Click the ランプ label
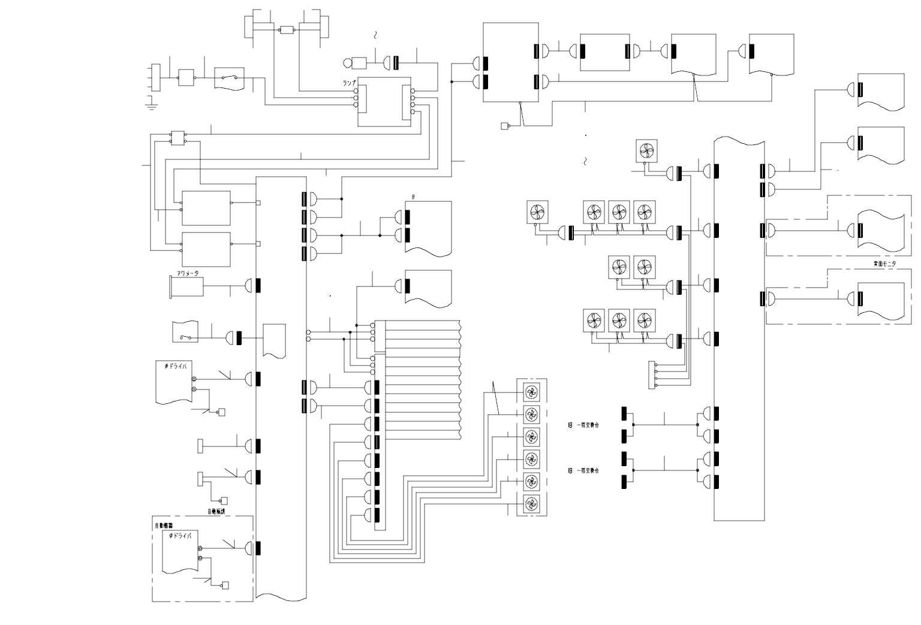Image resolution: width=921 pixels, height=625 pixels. click(348, 83)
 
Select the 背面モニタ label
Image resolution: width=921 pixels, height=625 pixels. click(884, 264)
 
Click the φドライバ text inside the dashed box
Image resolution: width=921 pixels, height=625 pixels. click(180, 536)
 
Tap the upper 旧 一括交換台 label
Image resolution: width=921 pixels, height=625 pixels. click(584, 425)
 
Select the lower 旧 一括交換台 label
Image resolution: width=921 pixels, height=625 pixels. click(584, 470)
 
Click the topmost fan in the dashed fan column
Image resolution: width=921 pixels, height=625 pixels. click(531, 392)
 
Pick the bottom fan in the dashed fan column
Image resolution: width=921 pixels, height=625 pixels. click(531, 504)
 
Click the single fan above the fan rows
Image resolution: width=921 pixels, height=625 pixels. click(647, 150)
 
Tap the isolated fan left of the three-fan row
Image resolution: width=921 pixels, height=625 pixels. click(537, 212)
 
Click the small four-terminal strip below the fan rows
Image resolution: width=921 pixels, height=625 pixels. click(653, 375)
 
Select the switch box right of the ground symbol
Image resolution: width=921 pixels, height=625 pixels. click(229, 78)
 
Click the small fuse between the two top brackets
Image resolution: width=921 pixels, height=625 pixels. click(287, 29)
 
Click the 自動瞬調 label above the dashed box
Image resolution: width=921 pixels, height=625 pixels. click(221, 512)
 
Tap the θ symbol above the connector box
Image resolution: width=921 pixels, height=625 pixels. click(413, 197)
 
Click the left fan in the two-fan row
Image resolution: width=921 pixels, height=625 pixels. click(619, 267)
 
